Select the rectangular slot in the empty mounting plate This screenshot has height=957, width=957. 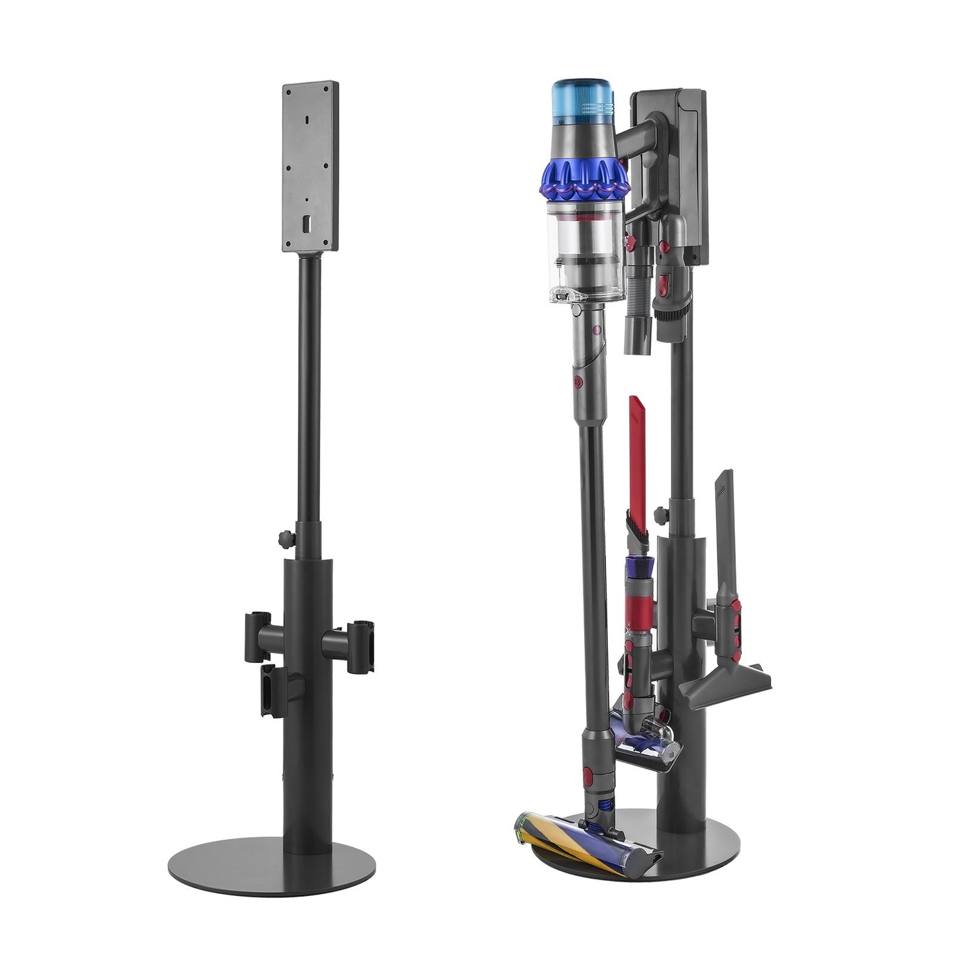click(x=305, y=225)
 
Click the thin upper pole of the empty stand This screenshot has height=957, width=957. click(x=310, y=397)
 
